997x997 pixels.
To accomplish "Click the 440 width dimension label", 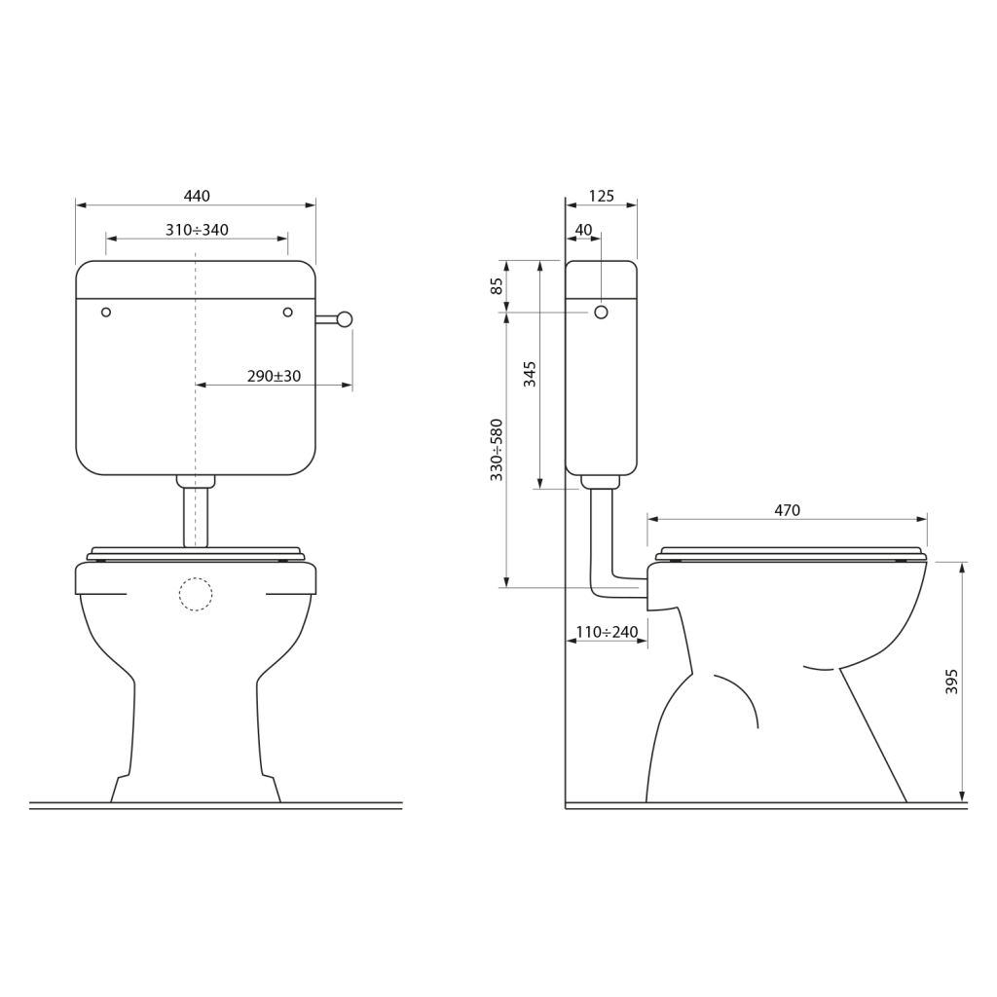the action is click(x=197, y=196).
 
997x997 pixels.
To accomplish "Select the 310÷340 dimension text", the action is click(x=197, y=230).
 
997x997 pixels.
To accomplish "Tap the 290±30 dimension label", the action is click(x=274, y=376).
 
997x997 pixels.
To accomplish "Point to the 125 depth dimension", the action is click(x=602, y=196).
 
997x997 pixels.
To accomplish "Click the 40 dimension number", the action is click(x=583, y=230).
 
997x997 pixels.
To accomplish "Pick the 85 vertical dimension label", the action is click(x=497, y=286).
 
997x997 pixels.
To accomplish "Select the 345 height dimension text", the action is click(x=530, y=374).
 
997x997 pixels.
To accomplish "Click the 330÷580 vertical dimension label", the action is click(x=497, y=450).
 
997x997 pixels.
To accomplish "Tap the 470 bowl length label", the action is click(x=787, y=510).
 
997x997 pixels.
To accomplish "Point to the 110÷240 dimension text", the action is click(x=607, y=632).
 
